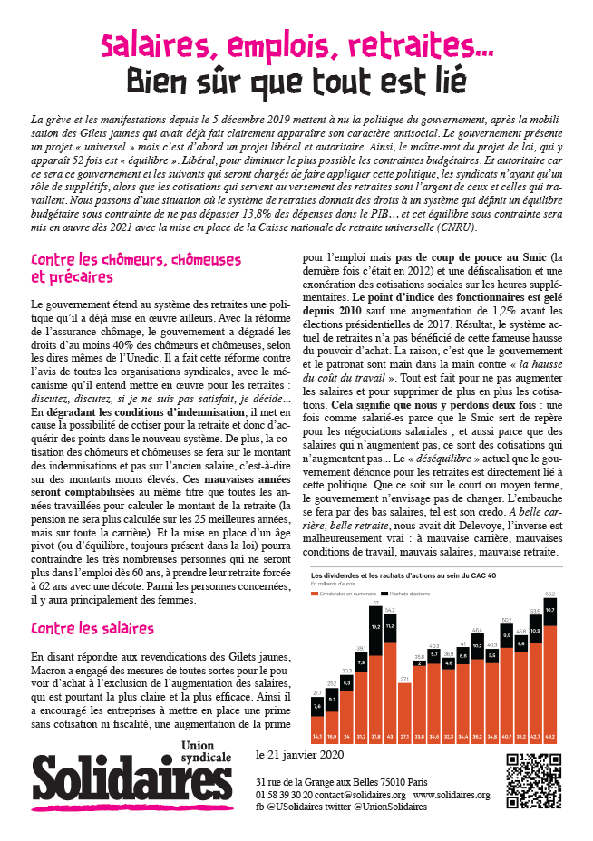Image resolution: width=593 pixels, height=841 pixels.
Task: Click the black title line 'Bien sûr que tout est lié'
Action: [296, 82]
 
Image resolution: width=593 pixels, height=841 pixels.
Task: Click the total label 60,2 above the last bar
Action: [549, 594]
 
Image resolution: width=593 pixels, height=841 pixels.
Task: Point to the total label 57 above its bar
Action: [374, 603]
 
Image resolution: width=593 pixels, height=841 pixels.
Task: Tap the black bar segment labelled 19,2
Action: [374, 625]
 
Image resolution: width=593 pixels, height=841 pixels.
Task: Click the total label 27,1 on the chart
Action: [405, 677]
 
